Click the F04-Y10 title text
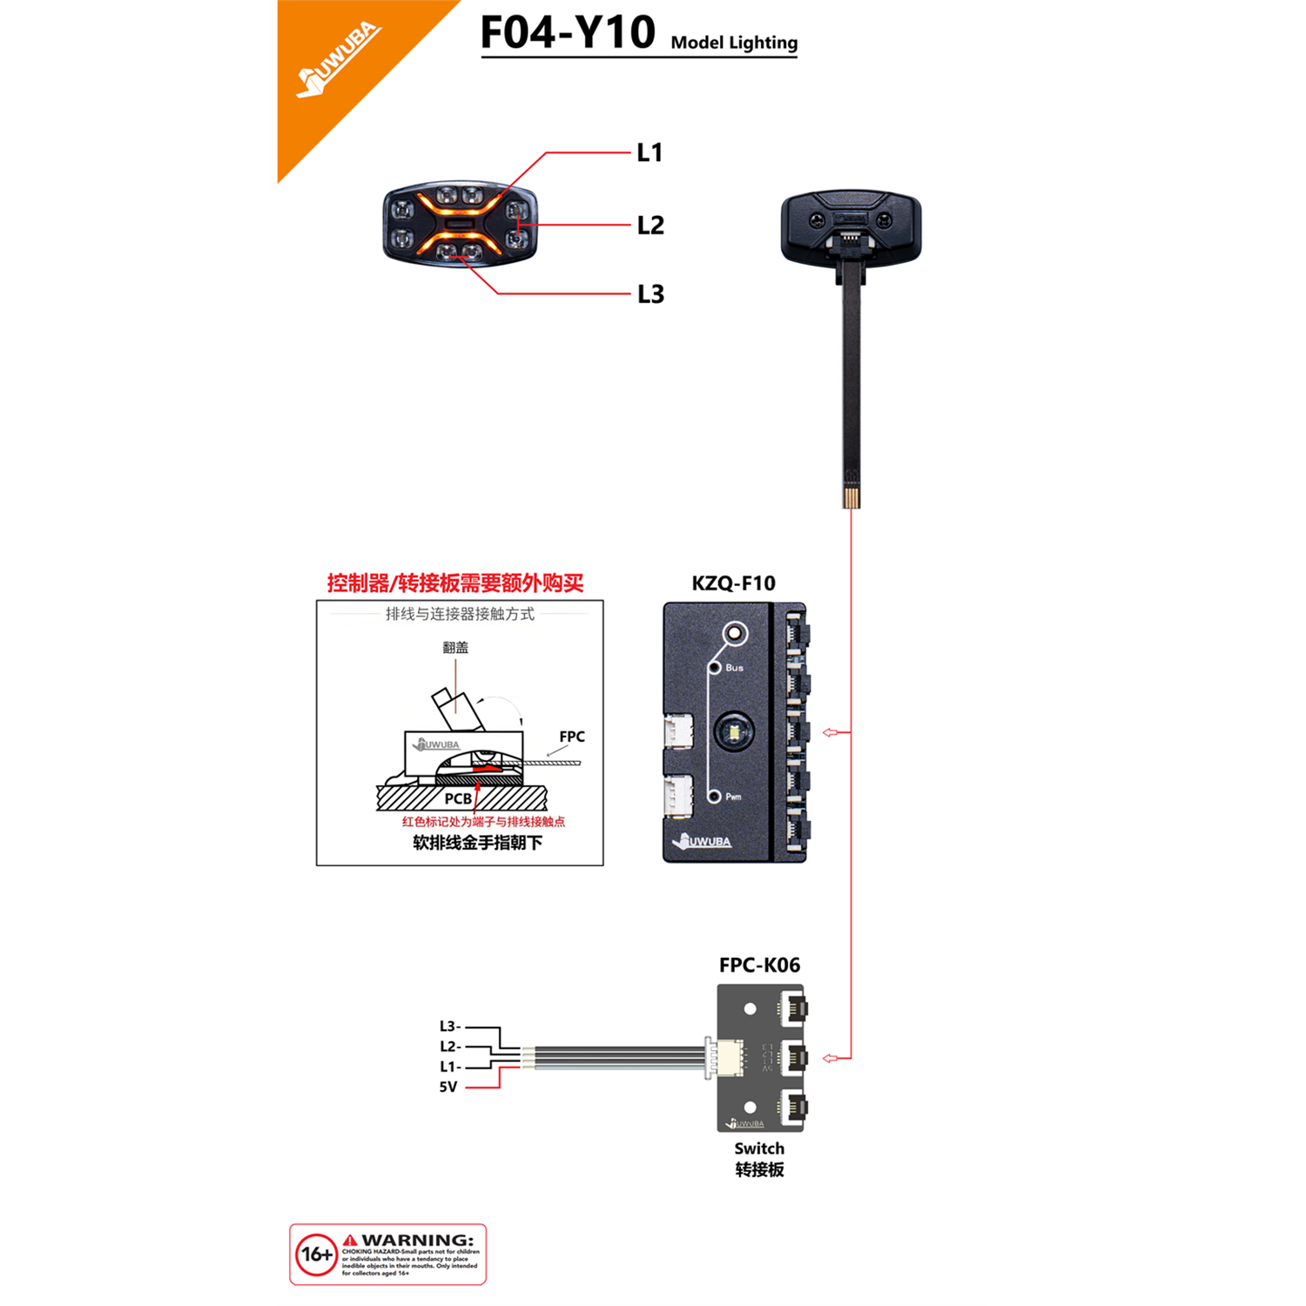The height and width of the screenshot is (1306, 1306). [568, 33]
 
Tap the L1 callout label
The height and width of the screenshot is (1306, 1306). [650, 153]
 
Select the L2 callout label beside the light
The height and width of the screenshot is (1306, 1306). [650, 226]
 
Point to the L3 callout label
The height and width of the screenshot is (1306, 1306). [650, 294]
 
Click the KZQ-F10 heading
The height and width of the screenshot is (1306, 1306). [733, 583]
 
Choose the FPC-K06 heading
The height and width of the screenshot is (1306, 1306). [759, 965]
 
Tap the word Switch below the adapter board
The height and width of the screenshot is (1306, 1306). [759, 1148]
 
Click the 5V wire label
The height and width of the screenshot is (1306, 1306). [448, 1087]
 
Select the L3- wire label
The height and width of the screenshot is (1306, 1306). [450, 1027]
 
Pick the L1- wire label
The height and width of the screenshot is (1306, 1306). [450, 1067]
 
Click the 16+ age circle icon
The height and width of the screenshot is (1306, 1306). [316, 1255]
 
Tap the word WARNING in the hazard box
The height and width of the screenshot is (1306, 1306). [418, 1240]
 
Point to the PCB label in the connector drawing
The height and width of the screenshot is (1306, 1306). [458, 798]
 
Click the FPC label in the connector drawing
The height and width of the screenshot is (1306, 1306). [572, 737]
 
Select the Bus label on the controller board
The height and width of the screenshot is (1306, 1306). [734, 668]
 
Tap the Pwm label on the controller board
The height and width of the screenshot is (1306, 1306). [733, 797]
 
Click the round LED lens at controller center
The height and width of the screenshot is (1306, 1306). [735, 732]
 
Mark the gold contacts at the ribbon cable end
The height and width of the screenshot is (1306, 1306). [852, 498]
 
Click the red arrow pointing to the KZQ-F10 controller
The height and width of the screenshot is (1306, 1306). [831, 732]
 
